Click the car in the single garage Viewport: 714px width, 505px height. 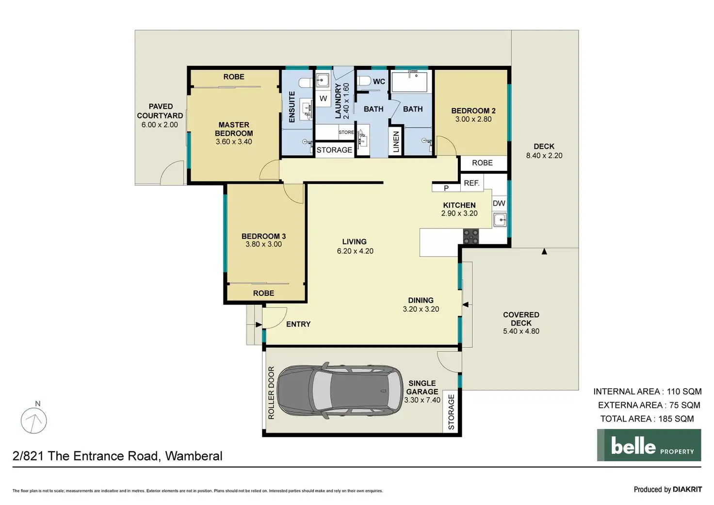pos(340,390)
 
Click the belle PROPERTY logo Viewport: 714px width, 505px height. pos(649,445)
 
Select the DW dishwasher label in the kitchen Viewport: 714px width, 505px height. pos(499,203)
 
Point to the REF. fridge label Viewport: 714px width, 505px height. pos(472,183)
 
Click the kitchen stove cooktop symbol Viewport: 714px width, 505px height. pos(471,236)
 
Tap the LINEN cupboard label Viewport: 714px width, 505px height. pos(396,142)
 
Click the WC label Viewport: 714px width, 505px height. pos(379,81)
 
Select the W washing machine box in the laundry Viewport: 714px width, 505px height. pos(323,98)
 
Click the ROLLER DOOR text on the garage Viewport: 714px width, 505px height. pos(271,392)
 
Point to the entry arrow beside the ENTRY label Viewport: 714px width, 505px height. pos(259,325)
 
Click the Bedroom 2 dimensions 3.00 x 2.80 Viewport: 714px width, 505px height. pos(473,119)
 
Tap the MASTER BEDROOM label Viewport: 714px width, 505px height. pos(234,129)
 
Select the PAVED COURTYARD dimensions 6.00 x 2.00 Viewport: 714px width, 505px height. pos(160,125)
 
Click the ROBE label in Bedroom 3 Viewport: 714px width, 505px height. pos(263,293)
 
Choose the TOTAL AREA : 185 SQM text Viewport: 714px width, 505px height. pos(647,419)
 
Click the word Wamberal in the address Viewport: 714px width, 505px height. pos(194,456)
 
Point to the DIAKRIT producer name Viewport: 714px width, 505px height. pos(687,489)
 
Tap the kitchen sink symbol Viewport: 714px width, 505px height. pos(500,220)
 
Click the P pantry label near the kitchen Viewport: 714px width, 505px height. pos(446,188)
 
